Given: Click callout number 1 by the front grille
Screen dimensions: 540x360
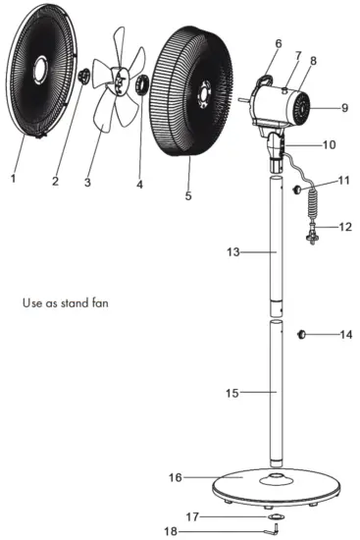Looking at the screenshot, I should [x=13, y=179].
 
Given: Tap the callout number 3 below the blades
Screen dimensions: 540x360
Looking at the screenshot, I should [x=87, y=183].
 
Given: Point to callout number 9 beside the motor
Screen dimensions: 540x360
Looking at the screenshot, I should [x=344, y=107].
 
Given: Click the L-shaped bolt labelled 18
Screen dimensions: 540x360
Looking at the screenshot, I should [x=276, y=530].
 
